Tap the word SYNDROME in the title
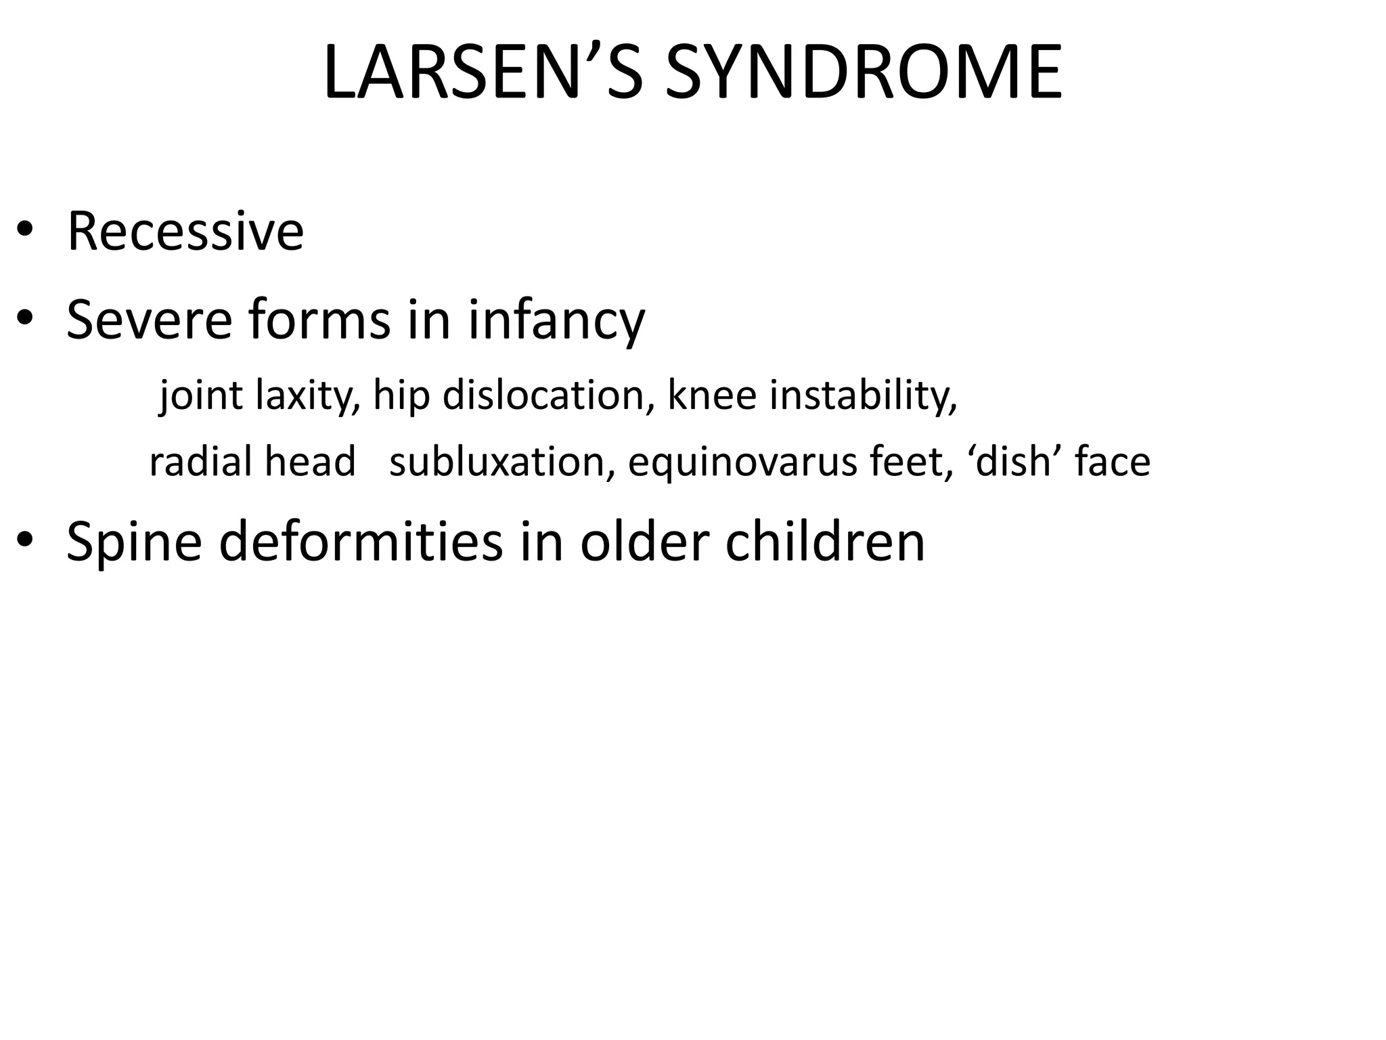864,72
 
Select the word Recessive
185,232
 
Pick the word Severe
150,320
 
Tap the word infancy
556,321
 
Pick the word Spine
135,543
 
